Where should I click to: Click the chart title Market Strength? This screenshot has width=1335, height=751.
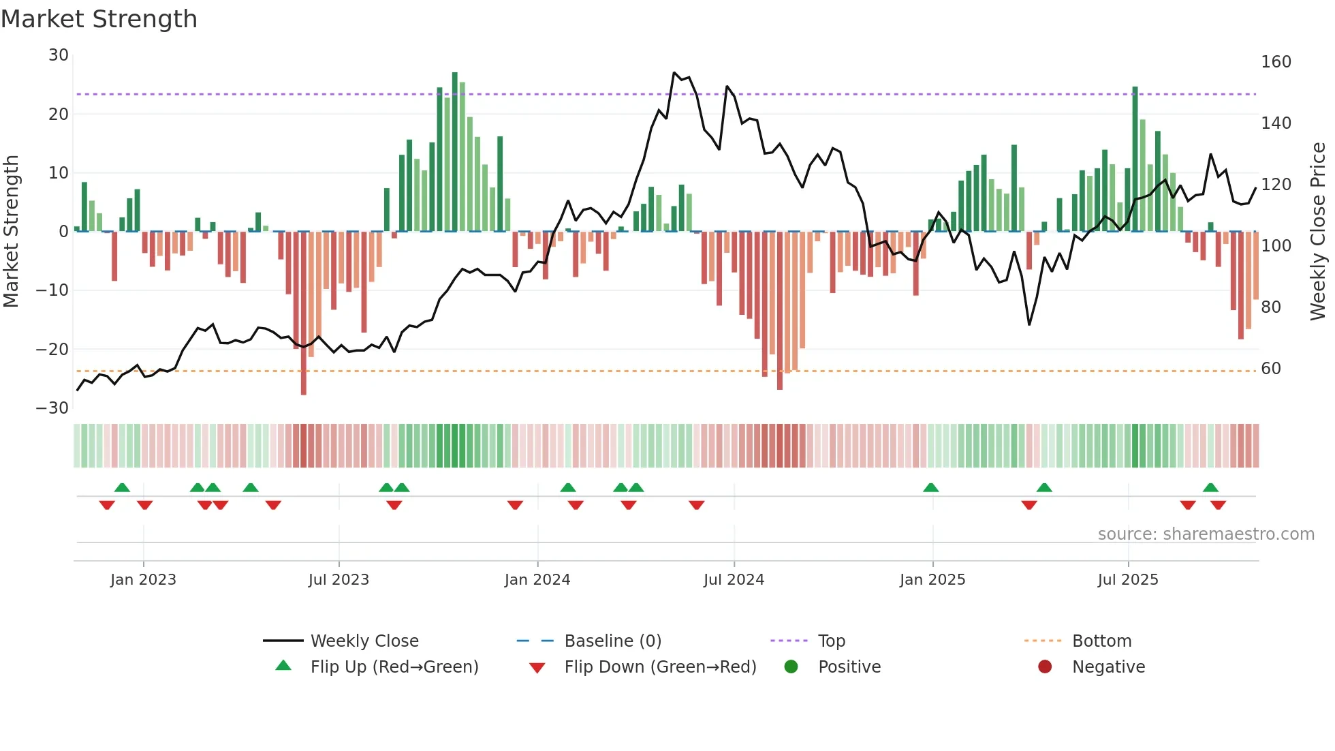tap(99, 19)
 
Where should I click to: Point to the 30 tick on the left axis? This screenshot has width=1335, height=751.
tap(59, 55)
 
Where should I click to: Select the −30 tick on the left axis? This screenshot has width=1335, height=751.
tap(52, 408)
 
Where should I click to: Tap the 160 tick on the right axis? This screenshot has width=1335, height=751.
tap(1276, 62)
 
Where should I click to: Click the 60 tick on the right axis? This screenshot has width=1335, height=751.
tap(1271, 369)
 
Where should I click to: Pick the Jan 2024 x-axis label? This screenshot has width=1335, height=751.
tap(537, 580)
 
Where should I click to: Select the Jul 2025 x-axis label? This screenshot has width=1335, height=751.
tap(1128, 580)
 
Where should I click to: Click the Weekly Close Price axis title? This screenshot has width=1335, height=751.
tap(1318, 232)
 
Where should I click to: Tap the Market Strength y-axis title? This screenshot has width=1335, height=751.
tap(12, 232)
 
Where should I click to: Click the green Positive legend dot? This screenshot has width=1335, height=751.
tap(791, 666)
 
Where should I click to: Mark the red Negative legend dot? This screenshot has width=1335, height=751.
tap(1045, 666)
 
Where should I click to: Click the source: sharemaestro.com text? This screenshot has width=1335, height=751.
tap(1206, 534)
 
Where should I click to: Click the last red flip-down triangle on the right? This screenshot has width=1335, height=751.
tap(1218, 505)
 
